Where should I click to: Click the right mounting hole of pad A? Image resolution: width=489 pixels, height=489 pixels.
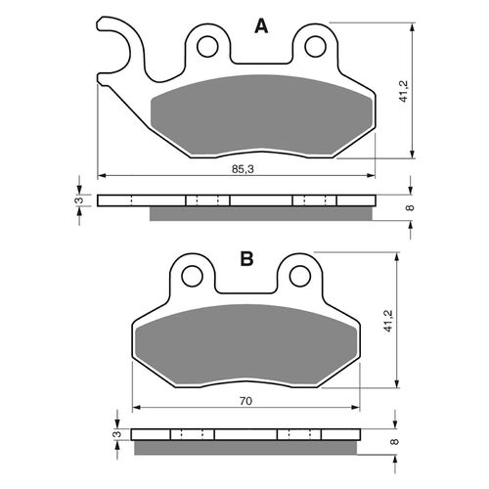(315, 45)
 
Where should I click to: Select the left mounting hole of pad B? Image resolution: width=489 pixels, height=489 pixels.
(193, 277)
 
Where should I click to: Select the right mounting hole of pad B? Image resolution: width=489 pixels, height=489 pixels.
(299, 277)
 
